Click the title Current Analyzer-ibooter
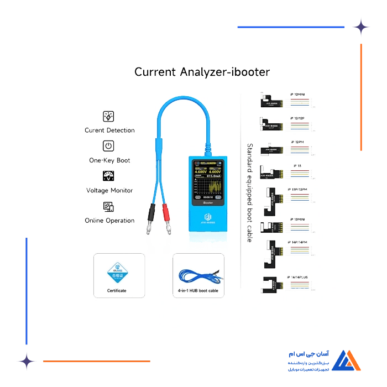click(x=202, y=72)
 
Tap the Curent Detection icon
click(x=109, y=117)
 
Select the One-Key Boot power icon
click(x=109, y=146)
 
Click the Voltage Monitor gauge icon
click(x=109, y=176)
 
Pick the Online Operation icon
click(x=109, y=207)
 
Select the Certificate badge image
click(x=117, y=271)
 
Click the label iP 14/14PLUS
click(x=300, y=277)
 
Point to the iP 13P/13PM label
click(x=300, y=190)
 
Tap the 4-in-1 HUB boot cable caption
click(x=198, y=291)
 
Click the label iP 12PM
click(x=298, y=142)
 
